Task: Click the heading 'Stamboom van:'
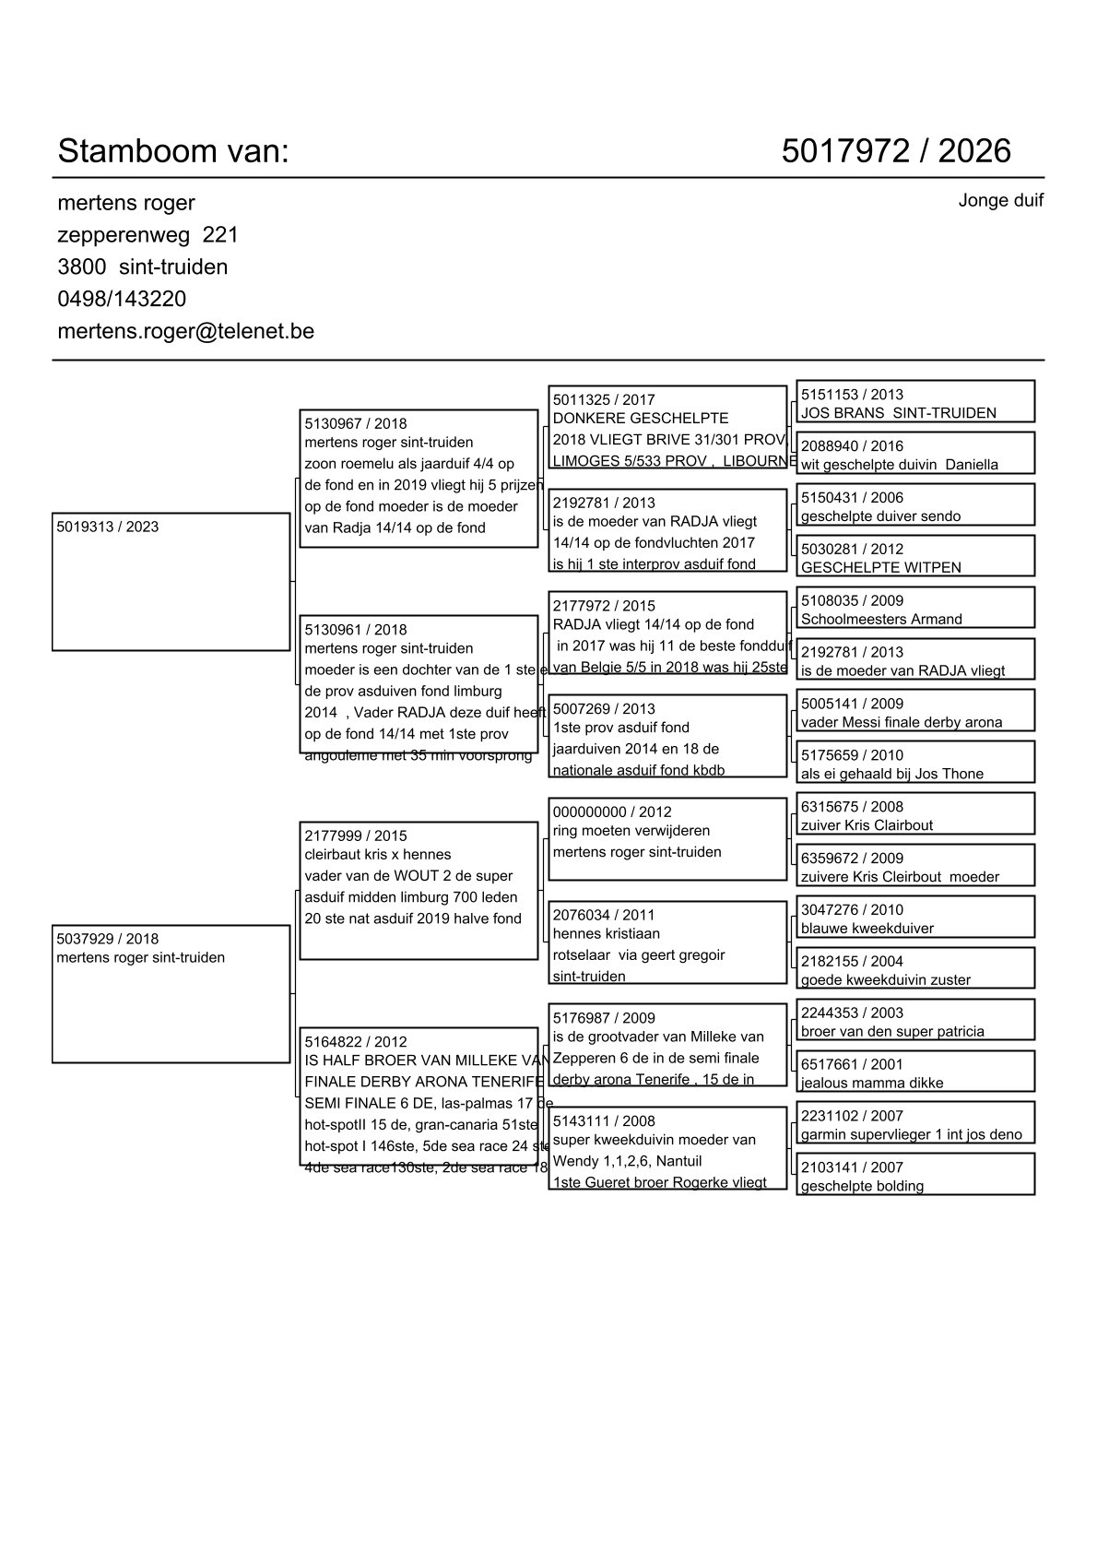[173, 151]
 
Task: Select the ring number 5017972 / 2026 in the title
[895, 151]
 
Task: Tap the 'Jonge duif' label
[1000, 200]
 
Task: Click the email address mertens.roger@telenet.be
[185, 331]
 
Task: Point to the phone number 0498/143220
[122, 299]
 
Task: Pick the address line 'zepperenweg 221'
[147, 235]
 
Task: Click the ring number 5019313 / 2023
[107, 527]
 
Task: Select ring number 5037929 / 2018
[107, 940]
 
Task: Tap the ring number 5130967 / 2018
[355, 424]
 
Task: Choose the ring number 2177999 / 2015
[355, 836]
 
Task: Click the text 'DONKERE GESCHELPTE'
[640, 419]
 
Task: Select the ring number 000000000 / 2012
[612, 812]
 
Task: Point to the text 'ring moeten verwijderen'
[631, 831]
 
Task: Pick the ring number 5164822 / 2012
[355, 1042]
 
